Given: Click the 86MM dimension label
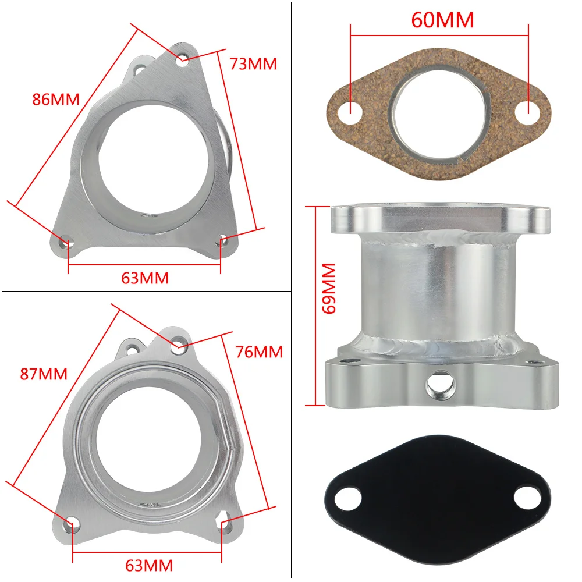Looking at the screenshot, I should tap(55, 99).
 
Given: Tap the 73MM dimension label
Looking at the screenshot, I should tap(253, 64).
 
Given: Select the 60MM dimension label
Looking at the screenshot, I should tap(442, 20).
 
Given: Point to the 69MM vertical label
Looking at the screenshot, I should tap(329, 288).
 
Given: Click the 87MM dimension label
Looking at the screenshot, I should tap(44, 374).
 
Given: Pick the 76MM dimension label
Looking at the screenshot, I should tap(259, 352).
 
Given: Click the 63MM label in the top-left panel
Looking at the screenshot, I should tap(145, 278).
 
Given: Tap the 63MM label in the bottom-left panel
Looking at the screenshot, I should tap(149, 565).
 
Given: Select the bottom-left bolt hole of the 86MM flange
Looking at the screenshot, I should tap(66, 241).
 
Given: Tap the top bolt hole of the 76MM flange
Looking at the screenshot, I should tap(180, 344).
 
